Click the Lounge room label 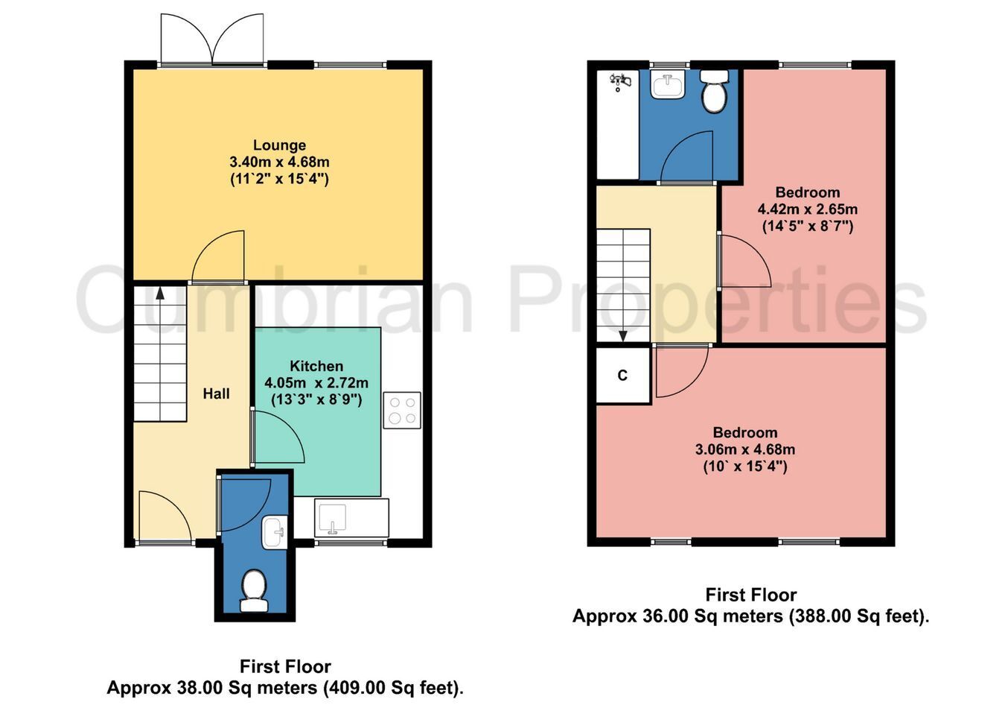(279, 145)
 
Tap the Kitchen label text (316, 366)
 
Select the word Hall (216, 394)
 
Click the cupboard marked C (623, 375)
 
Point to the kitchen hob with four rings (402, 411)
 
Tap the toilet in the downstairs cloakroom (254, 590)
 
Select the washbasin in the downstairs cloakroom (275, 533)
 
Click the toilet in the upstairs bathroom (713, 92)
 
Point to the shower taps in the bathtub (620, 83)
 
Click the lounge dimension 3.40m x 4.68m (279, 162)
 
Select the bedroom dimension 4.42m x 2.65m (808, 209)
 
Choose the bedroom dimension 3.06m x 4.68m (745, 449)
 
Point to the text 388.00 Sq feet (855, 616)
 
